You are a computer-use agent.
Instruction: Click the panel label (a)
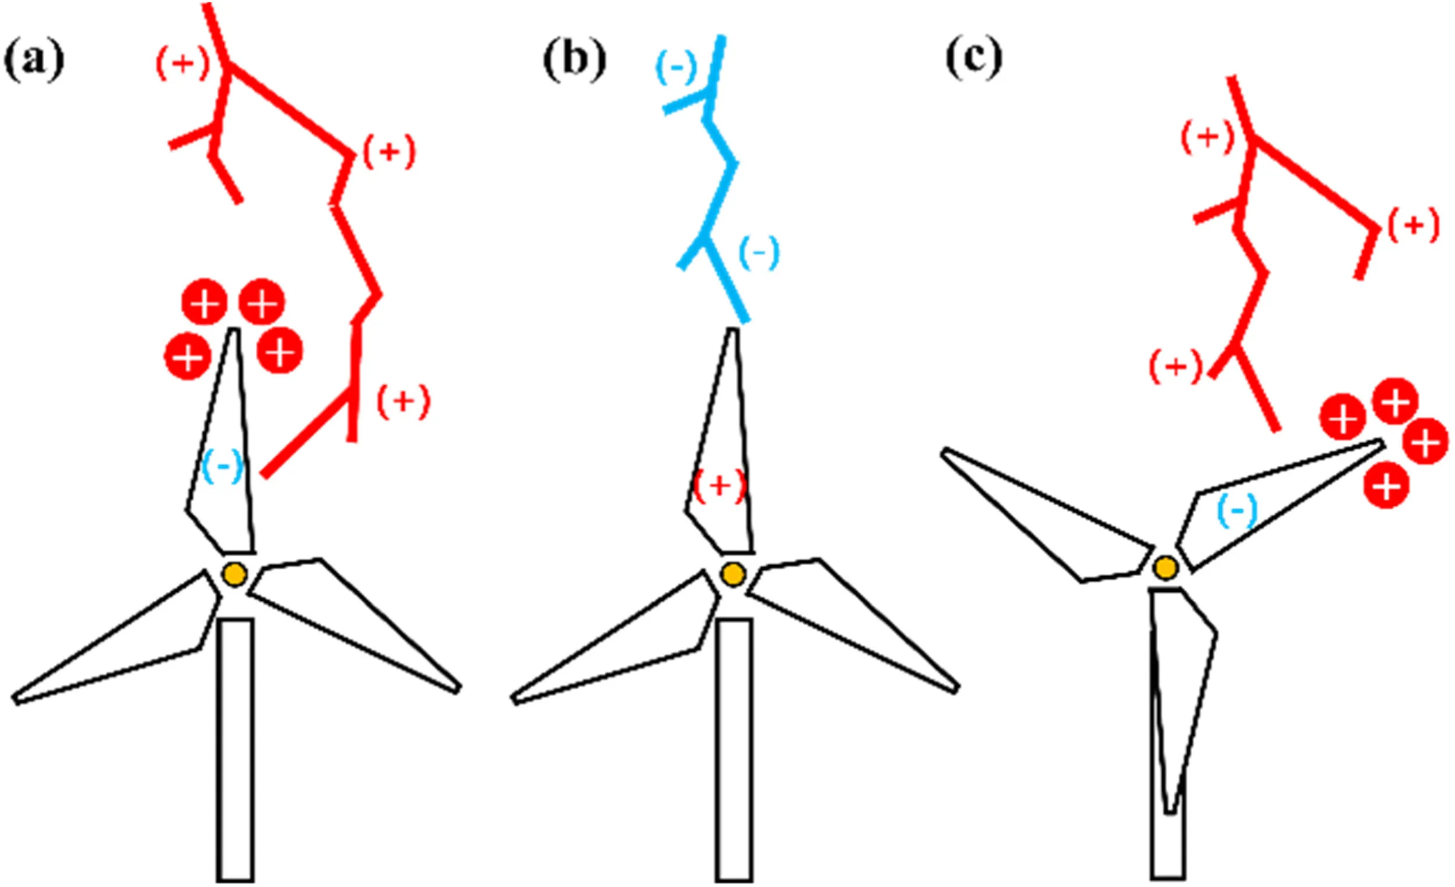click(34, 61)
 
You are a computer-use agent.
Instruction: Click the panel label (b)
click(574, 61)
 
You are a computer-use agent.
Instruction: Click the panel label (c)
click(974, 59)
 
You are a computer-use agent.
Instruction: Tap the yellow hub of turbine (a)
click(235, 574)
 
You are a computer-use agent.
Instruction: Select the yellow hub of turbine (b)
click(733, 574)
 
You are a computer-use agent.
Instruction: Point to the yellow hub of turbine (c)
click(1166, 568)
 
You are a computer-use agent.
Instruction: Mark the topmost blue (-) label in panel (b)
click(676, 68)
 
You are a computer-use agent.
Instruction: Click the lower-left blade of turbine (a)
click(118, 655)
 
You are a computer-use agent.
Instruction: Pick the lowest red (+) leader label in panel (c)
click(1176, 367)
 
